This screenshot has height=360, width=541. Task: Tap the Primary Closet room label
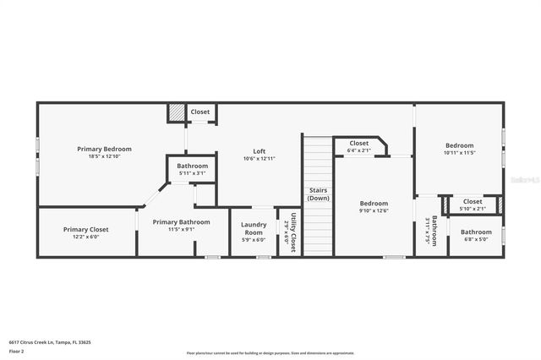(85, 229)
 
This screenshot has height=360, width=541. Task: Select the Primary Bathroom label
(174, 221)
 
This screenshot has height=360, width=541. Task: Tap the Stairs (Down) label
(319, 194)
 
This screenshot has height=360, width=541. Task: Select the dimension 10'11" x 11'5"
(459, 153)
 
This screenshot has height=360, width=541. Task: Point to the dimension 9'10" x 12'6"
(374, 210)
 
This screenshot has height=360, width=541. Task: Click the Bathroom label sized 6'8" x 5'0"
(476, 232)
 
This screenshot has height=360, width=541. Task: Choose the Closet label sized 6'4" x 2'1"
(358, 144)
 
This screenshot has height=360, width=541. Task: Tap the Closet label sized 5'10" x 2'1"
(472, 202)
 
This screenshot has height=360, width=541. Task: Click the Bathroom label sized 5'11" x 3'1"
(192, 166)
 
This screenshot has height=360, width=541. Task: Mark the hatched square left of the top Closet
(176, 112)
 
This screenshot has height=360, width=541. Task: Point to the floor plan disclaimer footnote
(270, 353)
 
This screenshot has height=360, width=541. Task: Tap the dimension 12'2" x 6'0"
(85, 237)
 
